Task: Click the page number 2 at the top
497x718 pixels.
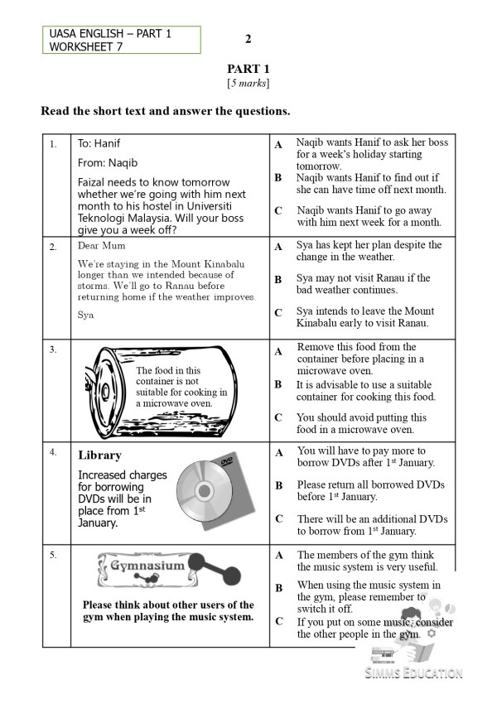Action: coord(248,39)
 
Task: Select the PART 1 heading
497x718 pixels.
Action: coord(248,69)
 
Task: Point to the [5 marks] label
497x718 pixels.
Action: coord(248,84)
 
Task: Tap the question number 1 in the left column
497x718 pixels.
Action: coord(54,143)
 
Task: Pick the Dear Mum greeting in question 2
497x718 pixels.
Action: coord(100,246)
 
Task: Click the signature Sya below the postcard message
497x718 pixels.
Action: coord(85,315)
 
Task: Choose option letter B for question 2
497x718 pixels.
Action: coord(278,280)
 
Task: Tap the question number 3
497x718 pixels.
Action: coord(54,349)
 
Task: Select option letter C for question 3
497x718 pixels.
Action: coord(278,417)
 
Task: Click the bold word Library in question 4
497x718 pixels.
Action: coord(99,455)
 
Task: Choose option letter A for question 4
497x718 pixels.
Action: coord(278,453)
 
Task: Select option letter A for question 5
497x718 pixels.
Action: coord(278,555)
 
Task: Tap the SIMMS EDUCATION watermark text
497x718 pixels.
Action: coord(414,672)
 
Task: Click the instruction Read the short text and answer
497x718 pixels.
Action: coord(165,111)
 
